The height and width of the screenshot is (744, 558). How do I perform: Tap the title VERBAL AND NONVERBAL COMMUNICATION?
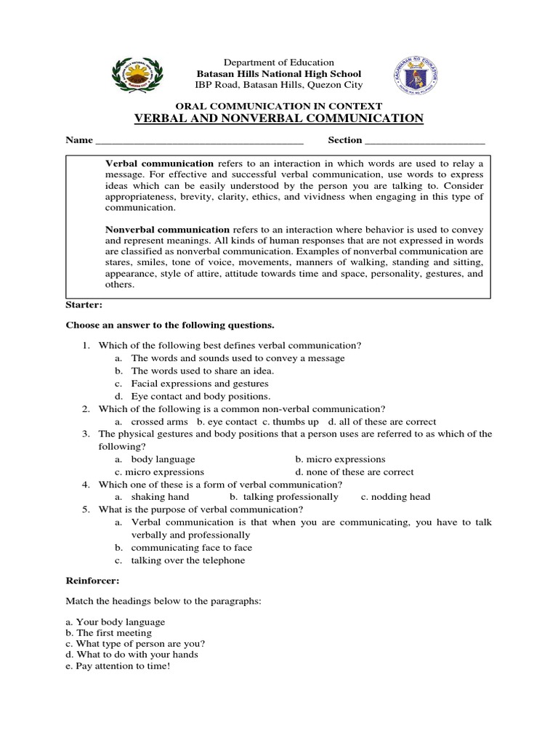(279, 118)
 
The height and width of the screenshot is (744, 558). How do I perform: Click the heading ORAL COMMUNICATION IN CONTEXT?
(279, 106)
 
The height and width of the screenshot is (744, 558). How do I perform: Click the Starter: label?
(84, 305)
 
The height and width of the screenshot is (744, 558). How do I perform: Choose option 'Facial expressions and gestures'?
(200, 383)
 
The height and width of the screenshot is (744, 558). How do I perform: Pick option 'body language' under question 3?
(163, 459)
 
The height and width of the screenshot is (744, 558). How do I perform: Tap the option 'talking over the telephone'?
(188, 560)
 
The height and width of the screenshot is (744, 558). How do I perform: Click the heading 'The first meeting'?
(108, 633)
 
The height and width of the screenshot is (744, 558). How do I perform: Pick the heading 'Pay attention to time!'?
(117, 666)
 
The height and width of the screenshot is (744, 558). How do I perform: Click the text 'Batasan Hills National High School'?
(279, 74)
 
